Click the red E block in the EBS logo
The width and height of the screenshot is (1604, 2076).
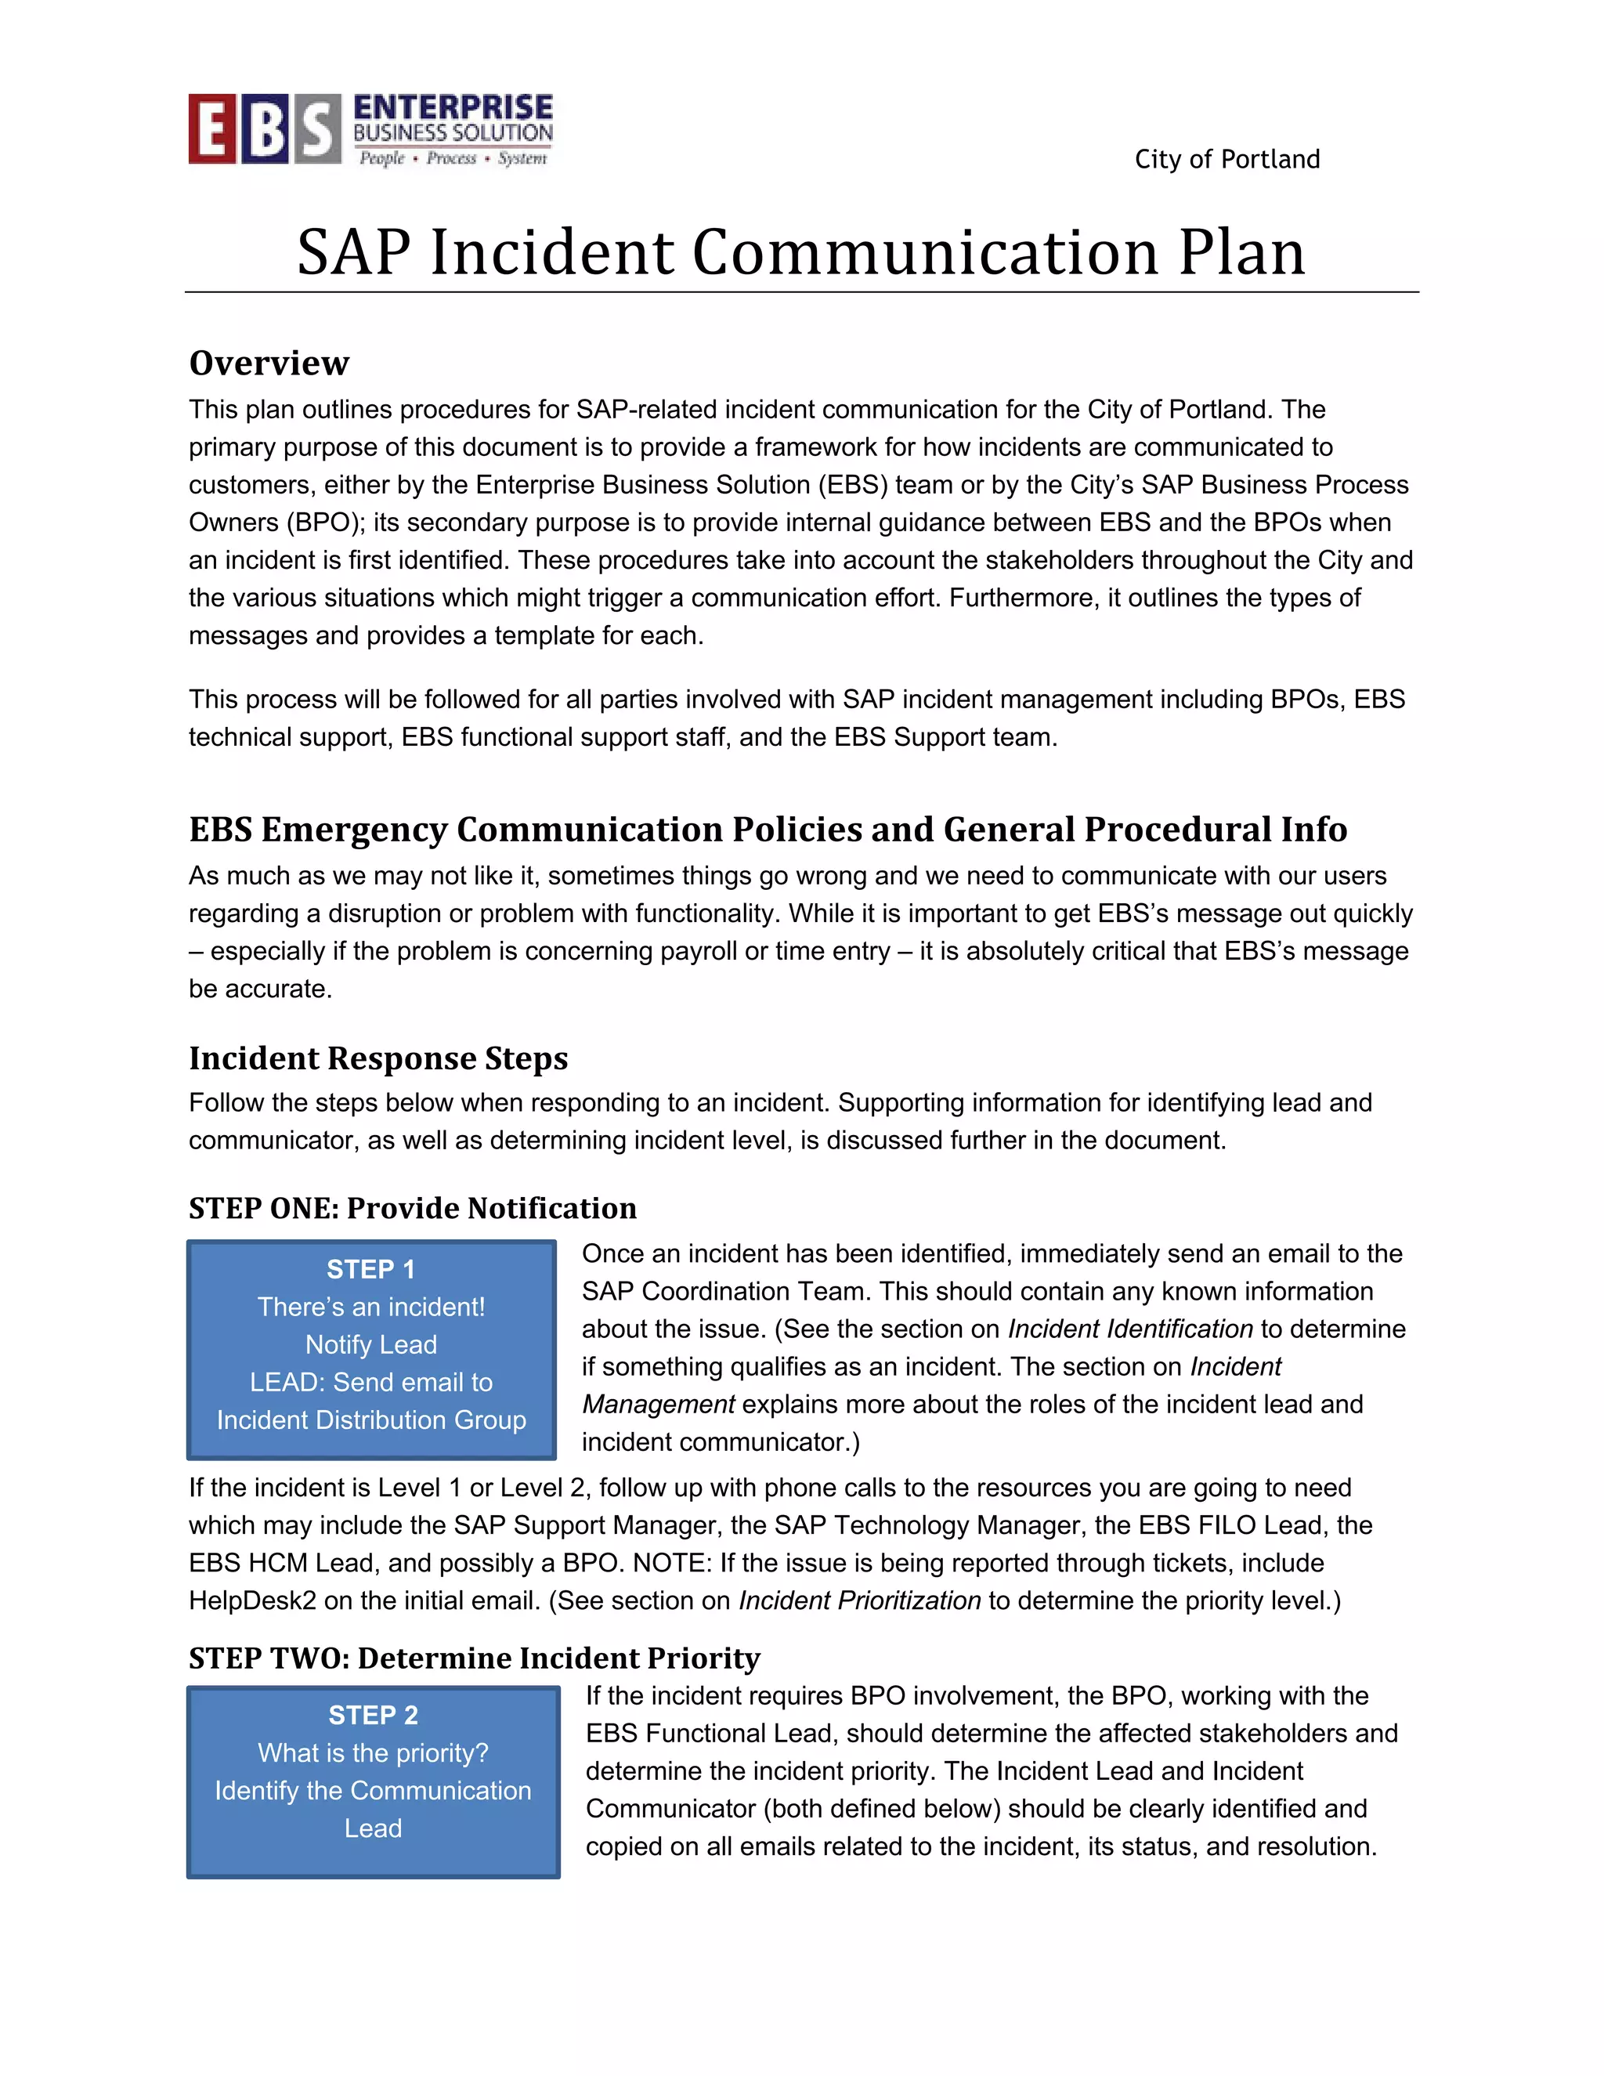(x=211, y=129)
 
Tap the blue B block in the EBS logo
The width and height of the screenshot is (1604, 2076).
(x=263, y=129)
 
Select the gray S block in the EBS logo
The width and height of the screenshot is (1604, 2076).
(x=317, y=129)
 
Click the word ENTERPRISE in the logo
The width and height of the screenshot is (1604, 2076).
(x=453, y=107)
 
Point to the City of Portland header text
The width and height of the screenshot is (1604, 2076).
(x=1226, y=159)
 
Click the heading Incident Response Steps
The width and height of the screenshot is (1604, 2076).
(x=378, y=1058)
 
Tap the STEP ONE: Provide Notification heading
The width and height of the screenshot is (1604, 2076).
(x=413, y=1208)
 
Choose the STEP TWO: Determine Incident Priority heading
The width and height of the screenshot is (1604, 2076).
(x=474, y=1658)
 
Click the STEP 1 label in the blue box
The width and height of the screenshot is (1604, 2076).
(x=370, y=1269)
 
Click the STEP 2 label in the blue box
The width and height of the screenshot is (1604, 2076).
(x=373, y=1715)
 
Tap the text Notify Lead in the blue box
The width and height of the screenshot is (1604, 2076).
(x=370, y=1344)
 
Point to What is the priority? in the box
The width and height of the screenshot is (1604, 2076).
(x=373, y=1752)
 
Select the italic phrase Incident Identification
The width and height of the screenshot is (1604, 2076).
(x=1130, y=1329)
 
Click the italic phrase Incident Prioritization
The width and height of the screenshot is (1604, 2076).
(x=859, y=1600)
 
